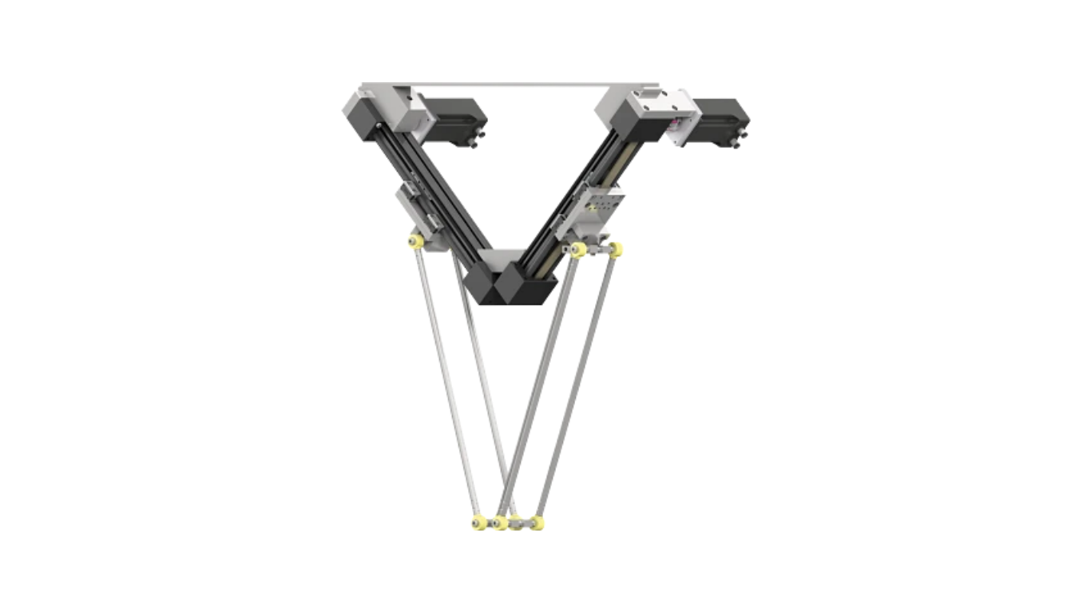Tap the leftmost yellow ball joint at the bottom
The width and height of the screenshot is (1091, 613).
pos(478,523)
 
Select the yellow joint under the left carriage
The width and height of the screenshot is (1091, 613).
pos(415,241)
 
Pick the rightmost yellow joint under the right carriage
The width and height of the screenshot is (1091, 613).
pos(615,250)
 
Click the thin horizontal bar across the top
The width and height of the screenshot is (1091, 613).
pos(511,83)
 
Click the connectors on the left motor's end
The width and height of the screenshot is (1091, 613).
pos(473,142)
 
